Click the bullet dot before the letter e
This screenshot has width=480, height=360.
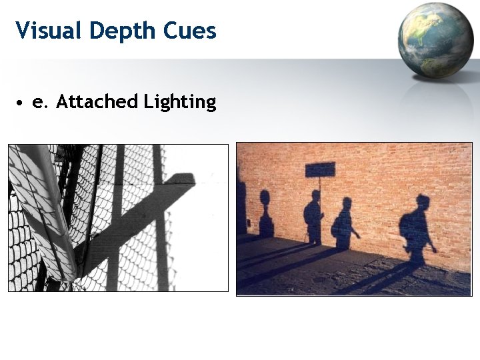pos(21,103)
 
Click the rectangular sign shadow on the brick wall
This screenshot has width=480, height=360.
pos(320,169)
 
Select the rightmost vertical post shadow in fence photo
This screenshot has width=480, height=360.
pos(159,220)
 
